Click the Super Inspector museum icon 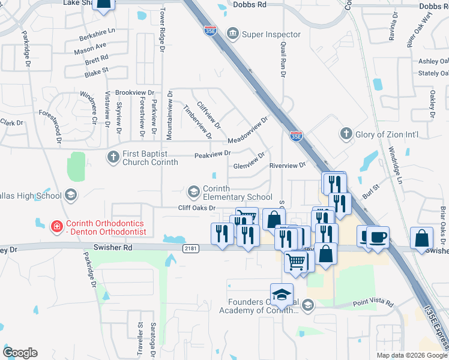pos(233,34)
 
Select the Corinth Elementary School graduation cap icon pos(194,192)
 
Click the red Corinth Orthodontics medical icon pos(56,227)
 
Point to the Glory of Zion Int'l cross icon pos(345,134)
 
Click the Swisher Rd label pos(112,247)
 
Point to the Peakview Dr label pos(212,154)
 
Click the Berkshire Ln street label pos(97,34)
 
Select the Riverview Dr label pos(288,164)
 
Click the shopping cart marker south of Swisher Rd pos(296,260)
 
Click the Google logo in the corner pos(20,353)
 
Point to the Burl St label pos(372,192)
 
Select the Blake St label pos(96,71)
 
